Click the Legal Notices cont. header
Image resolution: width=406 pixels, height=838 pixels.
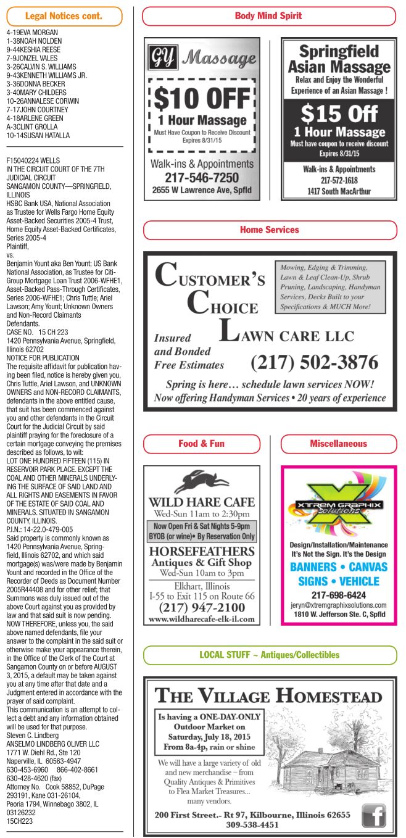click(64, 16)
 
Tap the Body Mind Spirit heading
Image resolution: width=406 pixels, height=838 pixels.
click(268, 16)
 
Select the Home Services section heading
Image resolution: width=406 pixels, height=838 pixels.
click(270, 230)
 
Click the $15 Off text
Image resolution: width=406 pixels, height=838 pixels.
click(338, 114)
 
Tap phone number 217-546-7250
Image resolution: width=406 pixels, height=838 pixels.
click(202, 178)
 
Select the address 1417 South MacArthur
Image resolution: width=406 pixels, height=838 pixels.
click(339, 191)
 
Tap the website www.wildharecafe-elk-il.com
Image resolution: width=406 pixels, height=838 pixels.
click(202, 618)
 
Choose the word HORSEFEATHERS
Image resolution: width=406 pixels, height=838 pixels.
click(202, 550)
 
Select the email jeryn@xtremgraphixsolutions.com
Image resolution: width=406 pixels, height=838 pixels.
click(339, 605)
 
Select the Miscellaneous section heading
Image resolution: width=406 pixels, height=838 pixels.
click(338, 444)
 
